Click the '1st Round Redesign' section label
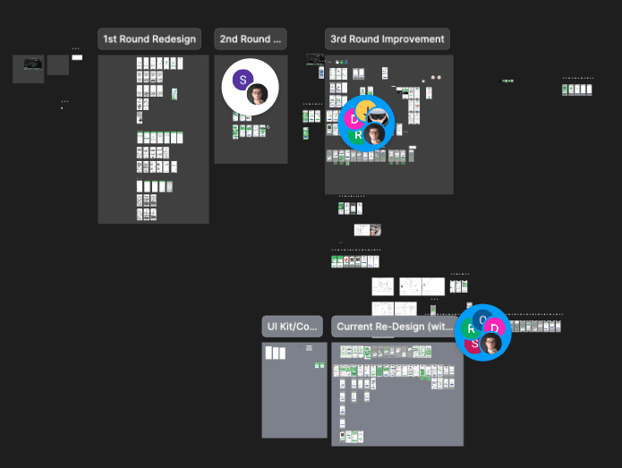tap(149, 39)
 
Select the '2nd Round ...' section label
tap(251, 39)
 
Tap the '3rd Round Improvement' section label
tap(387, 39)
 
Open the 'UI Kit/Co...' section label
tap(294, 327)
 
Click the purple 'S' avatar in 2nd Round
tap(243, 80)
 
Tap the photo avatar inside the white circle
tap(258, 94)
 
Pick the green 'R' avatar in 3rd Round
tap(358, 135)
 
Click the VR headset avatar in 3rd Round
tap(379, 115)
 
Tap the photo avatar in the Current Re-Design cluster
tap(490, 345)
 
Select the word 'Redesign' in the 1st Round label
tap(172, 39)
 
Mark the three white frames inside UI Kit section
tap(275, 353)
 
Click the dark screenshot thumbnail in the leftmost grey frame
tap(33, 64)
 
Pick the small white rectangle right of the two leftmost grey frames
tap(77, 57)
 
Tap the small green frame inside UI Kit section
tap(320, 365)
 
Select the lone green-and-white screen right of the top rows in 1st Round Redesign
tap(175, 94)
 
